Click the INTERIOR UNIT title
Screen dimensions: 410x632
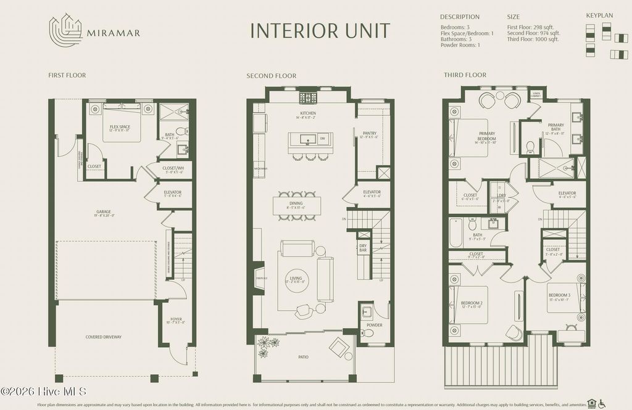320,30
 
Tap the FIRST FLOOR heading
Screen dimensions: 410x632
67,75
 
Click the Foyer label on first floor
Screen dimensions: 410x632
177,320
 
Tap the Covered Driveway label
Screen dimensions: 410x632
104,337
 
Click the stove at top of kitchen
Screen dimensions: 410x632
307,97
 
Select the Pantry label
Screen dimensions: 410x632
370,134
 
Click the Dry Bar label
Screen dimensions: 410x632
364,248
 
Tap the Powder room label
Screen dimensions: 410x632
375,325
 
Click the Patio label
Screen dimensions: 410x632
304,356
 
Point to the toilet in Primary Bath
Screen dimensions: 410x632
530,147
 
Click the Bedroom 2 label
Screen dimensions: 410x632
472,303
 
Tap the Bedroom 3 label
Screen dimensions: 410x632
559,297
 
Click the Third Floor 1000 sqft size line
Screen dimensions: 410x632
533,39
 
